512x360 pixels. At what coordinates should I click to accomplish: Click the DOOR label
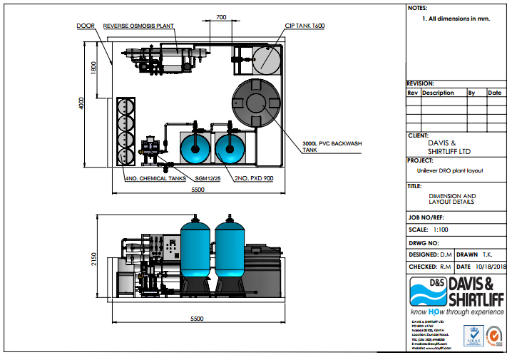[85, 26]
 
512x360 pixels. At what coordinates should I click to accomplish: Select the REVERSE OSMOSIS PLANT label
[138, 26]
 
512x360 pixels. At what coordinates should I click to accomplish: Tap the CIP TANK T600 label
[304, 26]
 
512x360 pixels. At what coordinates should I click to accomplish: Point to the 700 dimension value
[220, 17]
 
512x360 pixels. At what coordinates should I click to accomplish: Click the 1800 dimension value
[93, 68]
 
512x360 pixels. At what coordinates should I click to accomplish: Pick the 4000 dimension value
[81, 103]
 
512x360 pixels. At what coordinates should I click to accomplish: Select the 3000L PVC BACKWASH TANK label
[332, 147]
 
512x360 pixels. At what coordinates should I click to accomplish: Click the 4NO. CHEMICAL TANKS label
[155, 178]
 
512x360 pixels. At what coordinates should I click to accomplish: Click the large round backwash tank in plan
[256, 104]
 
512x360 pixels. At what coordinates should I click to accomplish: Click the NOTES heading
[418, 8]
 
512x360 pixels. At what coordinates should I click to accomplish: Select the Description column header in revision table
[438, 93]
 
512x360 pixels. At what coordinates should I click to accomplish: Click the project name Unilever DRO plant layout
[456, 170]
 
